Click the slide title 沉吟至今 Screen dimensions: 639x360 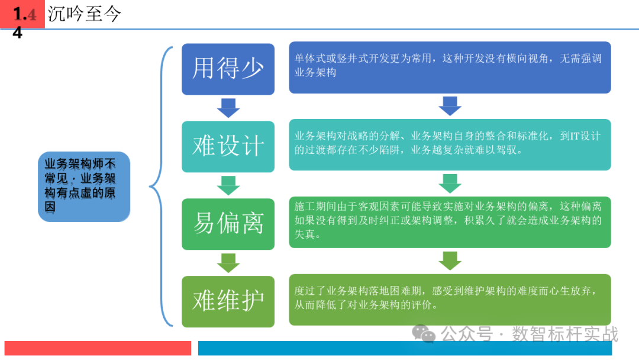[x=85, y=14]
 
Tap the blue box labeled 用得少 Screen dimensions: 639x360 [x=228, y=69]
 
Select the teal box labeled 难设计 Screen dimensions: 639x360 [x=228, y=146]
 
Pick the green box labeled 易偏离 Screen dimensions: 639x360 [x=228, y=224]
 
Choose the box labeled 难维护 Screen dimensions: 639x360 [x=228, y=301]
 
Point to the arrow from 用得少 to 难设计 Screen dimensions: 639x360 [x=228, y=108]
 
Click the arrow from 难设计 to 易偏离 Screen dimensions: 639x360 [x=228, y=185]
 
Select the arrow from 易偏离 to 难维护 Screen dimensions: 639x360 [x=228, y=263]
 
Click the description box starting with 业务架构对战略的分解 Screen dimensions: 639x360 [x=450, y=144]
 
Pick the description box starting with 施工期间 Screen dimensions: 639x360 [x=450, y=222]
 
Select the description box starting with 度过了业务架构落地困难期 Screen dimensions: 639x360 [x=450, y=300]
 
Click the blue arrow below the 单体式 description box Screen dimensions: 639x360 [x=450, y=106]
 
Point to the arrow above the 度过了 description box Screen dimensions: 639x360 [x=450, y=261]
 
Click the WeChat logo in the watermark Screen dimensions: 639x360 [x=424, y=333]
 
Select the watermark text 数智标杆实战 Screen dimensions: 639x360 [x=565, y=334]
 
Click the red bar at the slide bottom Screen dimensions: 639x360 [x=98, y=348]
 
